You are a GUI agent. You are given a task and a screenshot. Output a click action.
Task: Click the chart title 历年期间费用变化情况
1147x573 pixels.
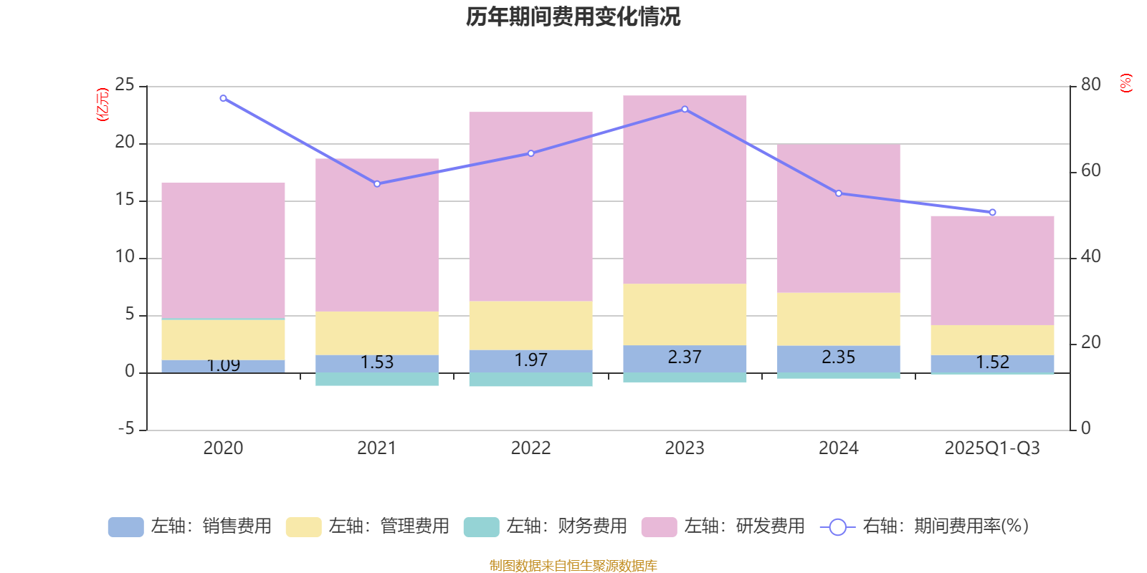point(573,16)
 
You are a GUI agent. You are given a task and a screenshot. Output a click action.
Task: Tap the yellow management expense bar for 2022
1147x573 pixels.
point(530,325)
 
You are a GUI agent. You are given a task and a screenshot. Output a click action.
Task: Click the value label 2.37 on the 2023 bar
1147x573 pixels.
point(685,357)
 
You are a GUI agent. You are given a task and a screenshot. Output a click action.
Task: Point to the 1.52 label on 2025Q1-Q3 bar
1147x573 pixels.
point(992,362)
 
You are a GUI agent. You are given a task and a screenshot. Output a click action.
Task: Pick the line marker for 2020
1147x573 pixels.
point(223,98)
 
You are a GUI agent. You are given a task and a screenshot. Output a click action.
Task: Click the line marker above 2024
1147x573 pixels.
point(839,193)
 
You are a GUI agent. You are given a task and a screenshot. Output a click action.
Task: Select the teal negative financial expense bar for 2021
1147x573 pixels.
point(377,380)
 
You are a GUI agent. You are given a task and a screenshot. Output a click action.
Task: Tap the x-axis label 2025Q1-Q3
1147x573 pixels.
point(992,448)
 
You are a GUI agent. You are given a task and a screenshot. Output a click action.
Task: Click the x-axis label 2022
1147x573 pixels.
point(530,448)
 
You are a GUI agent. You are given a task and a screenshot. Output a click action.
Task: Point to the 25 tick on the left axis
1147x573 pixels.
point(125,85)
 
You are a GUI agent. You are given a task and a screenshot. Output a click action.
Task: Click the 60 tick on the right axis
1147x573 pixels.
point(1090,170)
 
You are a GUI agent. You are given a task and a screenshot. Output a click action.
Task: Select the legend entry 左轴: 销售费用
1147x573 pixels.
point(190,526)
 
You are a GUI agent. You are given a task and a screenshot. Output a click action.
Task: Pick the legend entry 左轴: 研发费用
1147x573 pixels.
point(723,526)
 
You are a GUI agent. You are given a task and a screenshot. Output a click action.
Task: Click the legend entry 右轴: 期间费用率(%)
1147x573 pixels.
point(925,526)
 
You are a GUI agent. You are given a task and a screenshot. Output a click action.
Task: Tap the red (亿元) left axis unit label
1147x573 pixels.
point(103,105)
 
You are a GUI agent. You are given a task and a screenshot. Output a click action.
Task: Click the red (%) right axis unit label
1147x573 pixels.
point(1125,83)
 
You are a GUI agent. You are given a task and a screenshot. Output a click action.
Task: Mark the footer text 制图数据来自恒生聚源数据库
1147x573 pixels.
point(573,566)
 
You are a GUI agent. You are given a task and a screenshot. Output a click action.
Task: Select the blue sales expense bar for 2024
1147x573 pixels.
point(839,358)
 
